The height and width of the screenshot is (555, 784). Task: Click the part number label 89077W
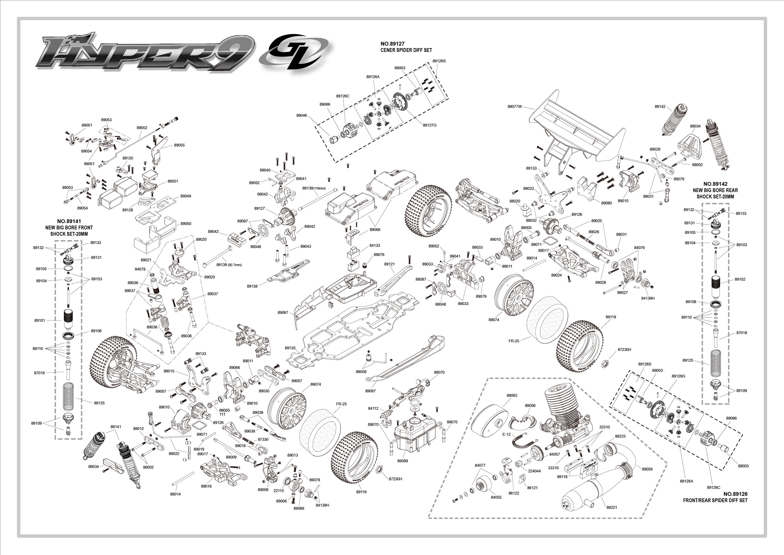click(515, 107)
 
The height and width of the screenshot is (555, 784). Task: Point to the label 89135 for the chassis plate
click(290, 348)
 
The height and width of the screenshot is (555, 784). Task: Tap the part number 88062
click(512, 396)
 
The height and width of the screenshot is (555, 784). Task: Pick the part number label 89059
click(647, 469)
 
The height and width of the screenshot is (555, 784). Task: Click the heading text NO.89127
click(392, 44)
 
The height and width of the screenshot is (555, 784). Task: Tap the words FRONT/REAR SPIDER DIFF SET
click(715, 500)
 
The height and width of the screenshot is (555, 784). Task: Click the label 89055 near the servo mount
click(179, 145)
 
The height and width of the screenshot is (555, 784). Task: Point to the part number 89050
click(186, 223)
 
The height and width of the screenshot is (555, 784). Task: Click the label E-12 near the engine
click(506, 434)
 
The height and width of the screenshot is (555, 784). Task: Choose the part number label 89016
click(206, 486)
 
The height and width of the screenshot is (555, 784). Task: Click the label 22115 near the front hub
click(279, 491)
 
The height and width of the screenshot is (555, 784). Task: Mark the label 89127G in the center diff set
click(430, 125)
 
